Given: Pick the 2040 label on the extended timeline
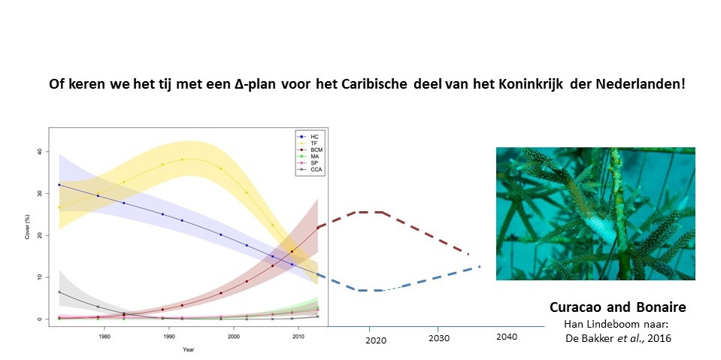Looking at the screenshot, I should pyautogui.click(x=507, y=337).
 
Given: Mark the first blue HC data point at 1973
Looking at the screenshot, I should pyautogui.click(x=59, y=185).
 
